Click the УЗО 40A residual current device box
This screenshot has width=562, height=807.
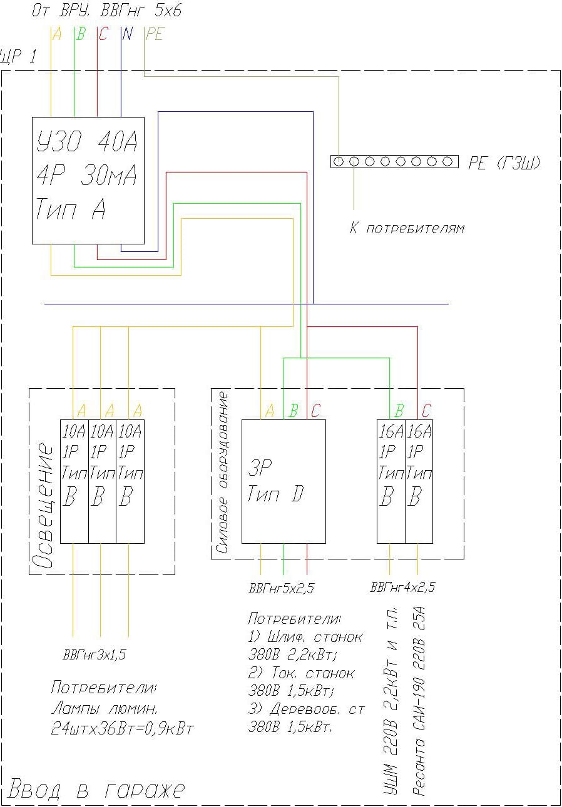[88, 180]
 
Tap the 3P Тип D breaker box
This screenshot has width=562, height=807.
[284, 481]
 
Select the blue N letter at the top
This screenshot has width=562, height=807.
[127, 34]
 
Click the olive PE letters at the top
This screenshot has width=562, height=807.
[154, 34]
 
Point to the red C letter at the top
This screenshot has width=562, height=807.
[103, 34]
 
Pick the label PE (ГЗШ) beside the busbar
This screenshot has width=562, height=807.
[504, 163]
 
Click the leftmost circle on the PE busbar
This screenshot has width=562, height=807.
[339, 162]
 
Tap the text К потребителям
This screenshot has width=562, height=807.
[407, 228]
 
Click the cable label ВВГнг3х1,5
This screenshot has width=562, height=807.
[94, 655]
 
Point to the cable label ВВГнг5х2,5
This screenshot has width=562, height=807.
[281, 588]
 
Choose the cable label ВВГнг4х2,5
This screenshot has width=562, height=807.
[402, 588]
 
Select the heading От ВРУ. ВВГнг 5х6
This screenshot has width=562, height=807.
[106, 11]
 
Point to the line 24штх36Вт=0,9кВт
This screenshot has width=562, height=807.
[123, 729]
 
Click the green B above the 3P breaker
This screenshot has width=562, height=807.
[293, 411]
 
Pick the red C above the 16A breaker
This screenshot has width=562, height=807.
[427, 411]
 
